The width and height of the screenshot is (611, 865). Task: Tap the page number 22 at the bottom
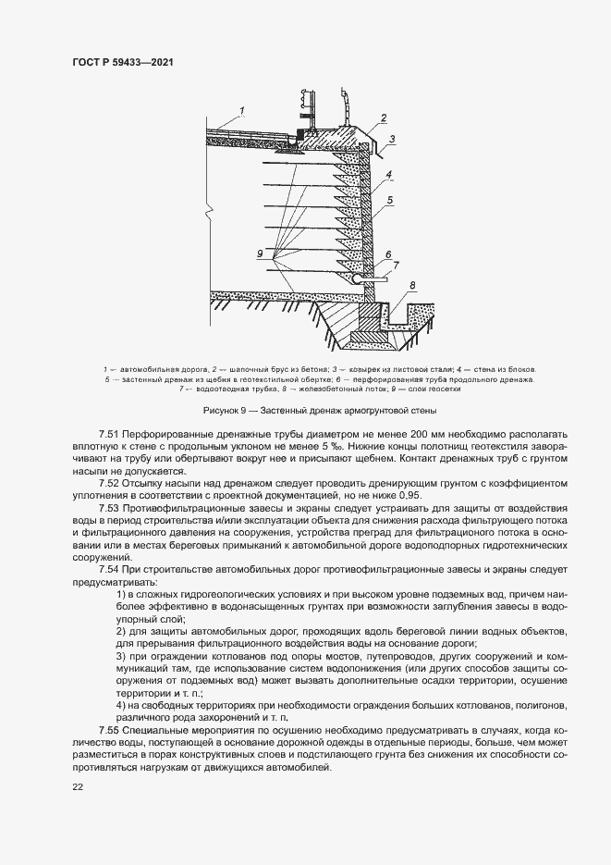click(77, 786)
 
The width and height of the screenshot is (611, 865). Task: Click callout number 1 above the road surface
click(240, 111)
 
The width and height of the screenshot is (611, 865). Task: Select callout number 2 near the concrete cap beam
click(381, 118)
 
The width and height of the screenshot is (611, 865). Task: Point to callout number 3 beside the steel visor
click(392, 139)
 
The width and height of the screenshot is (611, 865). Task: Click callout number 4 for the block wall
click(390, 174)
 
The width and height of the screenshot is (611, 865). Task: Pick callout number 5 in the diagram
click(391, 199)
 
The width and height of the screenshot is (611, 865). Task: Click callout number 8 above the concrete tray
click(412, 285)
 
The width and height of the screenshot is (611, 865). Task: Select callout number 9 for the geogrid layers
click(261, 253)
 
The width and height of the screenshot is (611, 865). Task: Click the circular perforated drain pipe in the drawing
click(358, 276)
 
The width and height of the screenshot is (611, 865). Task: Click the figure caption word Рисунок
click(221, 409)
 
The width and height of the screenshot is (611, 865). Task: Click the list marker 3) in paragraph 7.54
click(122, 656)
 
